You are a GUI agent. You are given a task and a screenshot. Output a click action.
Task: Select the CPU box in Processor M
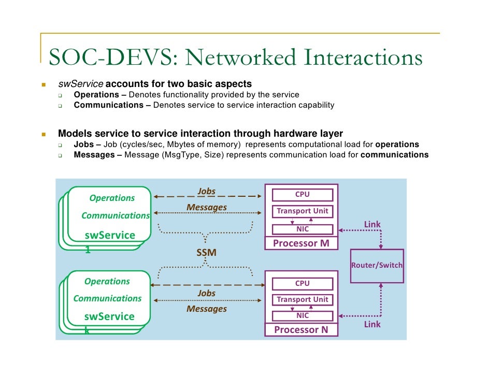pos(302,195)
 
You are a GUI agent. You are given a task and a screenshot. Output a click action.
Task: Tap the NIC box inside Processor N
pos(302,315)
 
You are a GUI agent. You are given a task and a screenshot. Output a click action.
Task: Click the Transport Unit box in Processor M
pos(302,211)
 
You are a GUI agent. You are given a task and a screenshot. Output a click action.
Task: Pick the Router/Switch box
pos(377,266)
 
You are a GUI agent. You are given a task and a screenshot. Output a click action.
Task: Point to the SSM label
pos(206,253)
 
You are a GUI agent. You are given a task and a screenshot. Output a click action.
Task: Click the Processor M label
pos(301,243)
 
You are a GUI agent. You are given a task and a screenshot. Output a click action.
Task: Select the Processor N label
pos(300,330)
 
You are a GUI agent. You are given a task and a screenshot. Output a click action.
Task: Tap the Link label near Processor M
pos(372,224)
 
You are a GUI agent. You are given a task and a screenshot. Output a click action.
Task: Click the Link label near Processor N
pos(372,324)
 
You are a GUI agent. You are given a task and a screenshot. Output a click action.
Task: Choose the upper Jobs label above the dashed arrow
pos(206,191)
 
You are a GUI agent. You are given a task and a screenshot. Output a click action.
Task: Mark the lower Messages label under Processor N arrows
pos(207,309)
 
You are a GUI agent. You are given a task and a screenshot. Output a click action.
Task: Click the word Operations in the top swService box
pos(112,198)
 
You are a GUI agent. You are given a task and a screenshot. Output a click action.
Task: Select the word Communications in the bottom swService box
pos(107,298)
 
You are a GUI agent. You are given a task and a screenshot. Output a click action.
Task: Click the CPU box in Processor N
pos(302,283)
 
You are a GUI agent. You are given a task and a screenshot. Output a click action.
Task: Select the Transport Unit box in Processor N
pos(302,299)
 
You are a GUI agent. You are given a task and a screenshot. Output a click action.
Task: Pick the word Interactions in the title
pos(363,58)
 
